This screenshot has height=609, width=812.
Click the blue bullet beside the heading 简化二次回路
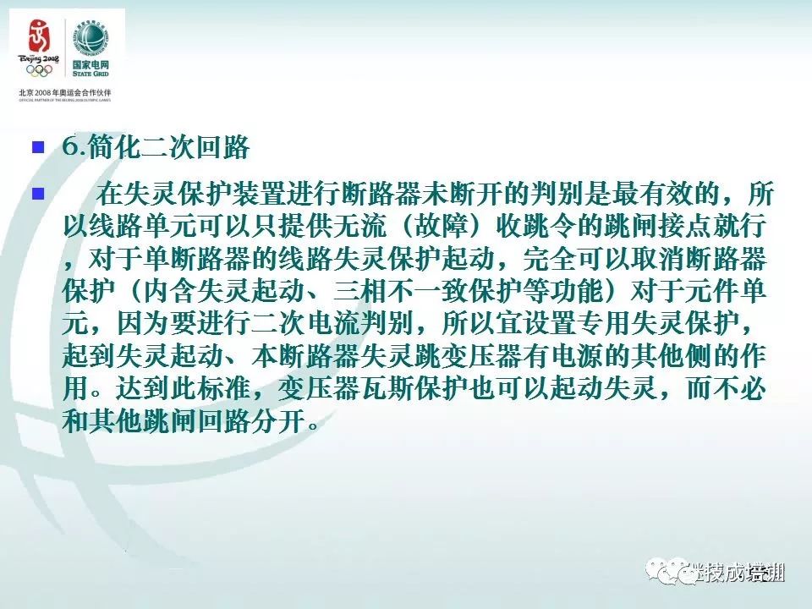pyautogui.click(x=37, y=148)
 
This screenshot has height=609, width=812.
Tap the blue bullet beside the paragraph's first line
pyautogui.click(x=37, y=194)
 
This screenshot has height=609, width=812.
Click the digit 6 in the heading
pyautogui.click(x=69, y=148)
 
